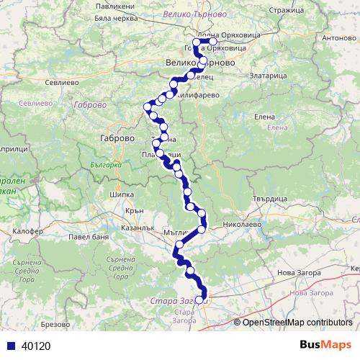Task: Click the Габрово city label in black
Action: coord(114,138)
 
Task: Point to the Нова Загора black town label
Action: coord(297,274)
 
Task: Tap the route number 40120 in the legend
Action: coord(36,346)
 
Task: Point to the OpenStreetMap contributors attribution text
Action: coord(297,322)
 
